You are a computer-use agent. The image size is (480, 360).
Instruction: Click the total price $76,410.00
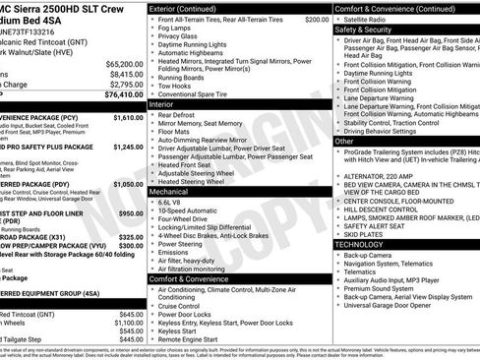(118, 94)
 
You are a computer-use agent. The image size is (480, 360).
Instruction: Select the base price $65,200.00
(119, 63)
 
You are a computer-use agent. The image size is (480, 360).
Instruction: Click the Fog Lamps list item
(179, 30)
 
